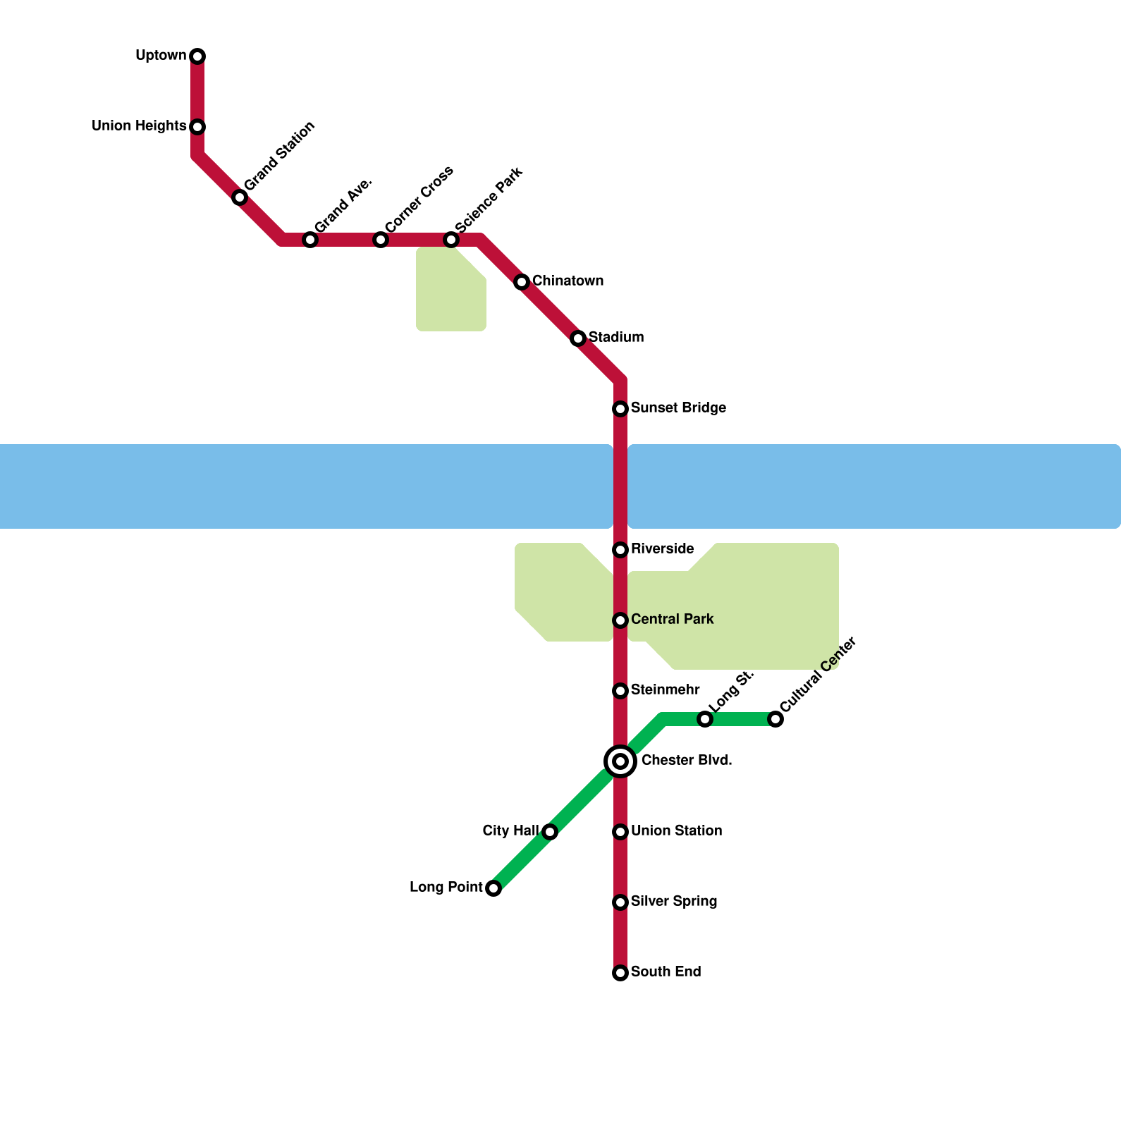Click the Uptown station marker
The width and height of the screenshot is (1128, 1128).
[x=197, y=56]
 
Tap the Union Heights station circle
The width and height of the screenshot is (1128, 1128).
[x=197, y=127]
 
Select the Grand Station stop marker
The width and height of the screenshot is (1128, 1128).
[x=240, y=197]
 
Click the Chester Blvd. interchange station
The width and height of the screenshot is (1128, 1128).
[x=620, y=761]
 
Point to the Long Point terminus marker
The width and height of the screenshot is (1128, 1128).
[x=493, y=888]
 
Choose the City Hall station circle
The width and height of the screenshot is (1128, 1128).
[x=550, y=832]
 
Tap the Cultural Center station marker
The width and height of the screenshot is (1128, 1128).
[x=775, y=719]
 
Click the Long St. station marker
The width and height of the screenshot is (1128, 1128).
[x=705, y=719]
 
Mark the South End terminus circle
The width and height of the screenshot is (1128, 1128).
[x=620, y=973]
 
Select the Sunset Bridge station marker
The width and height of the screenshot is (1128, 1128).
[x=620, y=409]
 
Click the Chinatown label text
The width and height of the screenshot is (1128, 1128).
[x=568, y=281]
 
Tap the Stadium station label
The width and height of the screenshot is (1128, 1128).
[x=616, y=338]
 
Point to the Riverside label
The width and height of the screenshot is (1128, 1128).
[x=662, y=549]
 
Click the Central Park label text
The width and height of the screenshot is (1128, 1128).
[x=672, y=620]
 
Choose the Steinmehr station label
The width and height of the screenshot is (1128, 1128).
[x=665, y=690]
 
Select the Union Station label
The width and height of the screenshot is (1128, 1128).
[x=676, y=831]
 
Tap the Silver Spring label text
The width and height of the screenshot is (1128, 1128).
[x=674, y=902]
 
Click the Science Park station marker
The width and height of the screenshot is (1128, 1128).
[x=451, y=240]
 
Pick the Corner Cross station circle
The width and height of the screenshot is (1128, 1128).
[x=381, y=240]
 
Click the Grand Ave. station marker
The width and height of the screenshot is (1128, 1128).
[x=310, y=240]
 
